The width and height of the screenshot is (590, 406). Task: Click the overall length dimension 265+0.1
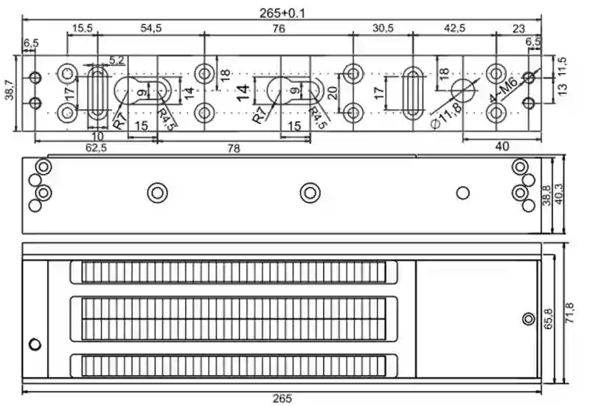(x=282, y=11)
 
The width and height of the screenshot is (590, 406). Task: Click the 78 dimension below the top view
(x=233, y=148)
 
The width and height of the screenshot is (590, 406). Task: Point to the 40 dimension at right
(x=502, y=146)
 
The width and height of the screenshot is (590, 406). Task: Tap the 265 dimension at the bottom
(x=282, y=399)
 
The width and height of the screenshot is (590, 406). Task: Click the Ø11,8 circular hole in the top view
(x=462, y=90)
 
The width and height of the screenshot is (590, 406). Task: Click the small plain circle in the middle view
(x=463, y=193)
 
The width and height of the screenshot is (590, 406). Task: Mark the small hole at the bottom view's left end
(x=33, y=345)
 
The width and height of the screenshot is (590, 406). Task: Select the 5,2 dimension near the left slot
(x=117, y=59)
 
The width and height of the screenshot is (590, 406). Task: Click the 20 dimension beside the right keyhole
(x=333, y=93)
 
